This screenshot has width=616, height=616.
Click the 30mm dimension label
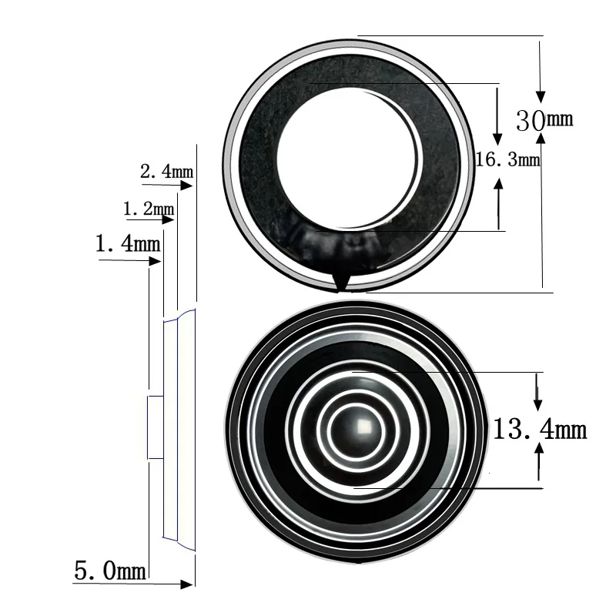tap(544, 120)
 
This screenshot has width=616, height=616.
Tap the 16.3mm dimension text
tap(508, 159)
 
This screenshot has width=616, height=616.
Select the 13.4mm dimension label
tap(540, 429)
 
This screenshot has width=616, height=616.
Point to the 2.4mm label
tap(166, 171)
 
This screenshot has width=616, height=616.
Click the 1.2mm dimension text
tap(149, 209)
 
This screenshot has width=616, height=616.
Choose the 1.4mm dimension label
tap(128, 243)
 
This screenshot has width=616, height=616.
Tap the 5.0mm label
tap(110, 571)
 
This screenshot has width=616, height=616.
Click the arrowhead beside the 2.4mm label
tap(186, 185)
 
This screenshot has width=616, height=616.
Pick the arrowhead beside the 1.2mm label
tap(168, 219)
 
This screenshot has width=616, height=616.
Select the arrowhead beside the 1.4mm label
tap(156, 261)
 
